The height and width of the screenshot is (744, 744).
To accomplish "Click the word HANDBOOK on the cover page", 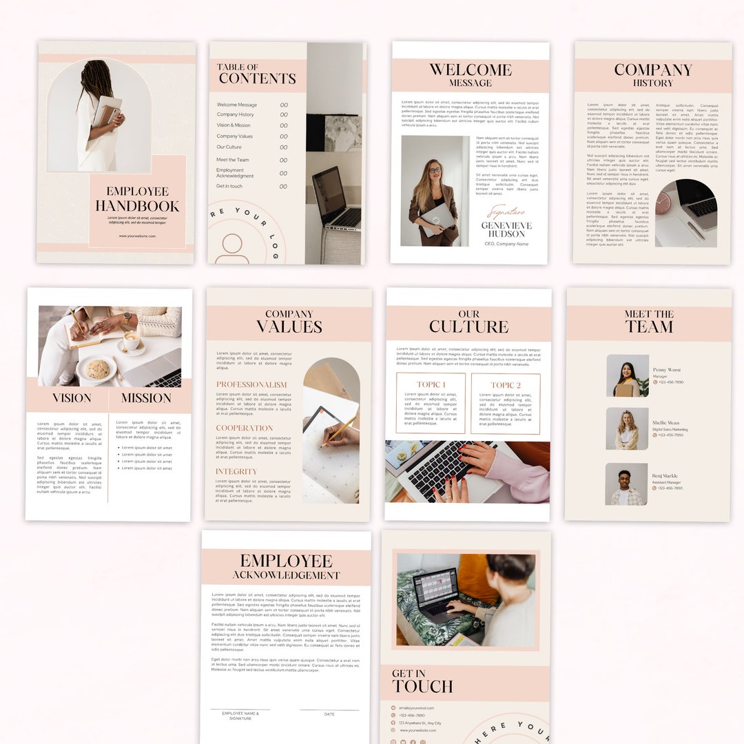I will coord(137,206).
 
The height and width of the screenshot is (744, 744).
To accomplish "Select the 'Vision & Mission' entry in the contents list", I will coord(234,125).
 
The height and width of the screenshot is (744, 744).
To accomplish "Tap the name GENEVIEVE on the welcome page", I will coord(506,225).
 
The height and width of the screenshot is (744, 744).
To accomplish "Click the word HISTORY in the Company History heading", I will coord(652,83).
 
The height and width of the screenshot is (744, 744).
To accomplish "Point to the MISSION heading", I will coord(146,398).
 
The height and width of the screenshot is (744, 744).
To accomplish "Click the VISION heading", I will coord(72,398).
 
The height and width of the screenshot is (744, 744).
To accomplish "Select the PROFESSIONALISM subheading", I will coord(251,385).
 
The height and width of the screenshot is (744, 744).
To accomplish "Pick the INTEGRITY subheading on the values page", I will coord(236,472).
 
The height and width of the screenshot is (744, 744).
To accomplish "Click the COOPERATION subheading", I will coord(245,428).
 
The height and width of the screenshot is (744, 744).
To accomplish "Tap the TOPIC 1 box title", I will coord(431,385).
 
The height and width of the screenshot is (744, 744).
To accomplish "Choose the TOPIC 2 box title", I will coord(506,385).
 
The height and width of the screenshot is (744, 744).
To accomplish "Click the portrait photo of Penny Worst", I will coord(627,376).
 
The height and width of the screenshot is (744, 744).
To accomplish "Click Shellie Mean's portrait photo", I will coord(627,428).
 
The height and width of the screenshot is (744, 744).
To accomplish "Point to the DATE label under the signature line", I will coord(329,714).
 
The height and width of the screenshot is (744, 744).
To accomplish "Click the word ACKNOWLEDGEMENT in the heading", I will coord(286,576).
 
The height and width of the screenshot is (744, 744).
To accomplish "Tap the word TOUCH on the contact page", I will coord(422,687).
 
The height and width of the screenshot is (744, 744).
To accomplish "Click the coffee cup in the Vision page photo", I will coord(131,340).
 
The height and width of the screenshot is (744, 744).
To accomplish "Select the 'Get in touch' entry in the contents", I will coord(229,186).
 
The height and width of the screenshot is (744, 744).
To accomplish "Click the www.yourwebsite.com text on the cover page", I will coord(137,236).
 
